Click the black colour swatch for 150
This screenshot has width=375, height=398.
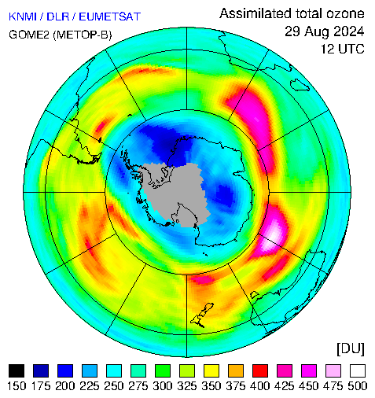coord(17,370)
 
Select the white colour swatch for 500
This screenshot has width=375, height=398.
coord(358,370)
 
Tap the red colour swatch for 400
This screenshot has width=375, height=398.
coord(260,370)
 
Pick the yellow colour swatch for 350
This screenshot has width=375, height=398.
coord(211,370)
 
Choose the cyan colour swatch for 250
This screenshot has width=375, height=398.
coord(114,370)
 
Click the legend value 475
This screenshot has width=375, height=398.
coord(333,386)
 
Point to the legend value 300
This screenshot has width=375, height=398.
coord(163,386)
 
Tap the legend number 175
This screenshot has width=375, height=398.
coord(41,386)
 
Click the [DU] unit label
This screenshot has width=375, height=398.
coord(351,348)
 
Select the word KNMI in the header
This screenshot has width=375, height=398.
coord(23,17)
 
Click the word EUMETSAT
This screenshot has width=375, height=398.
coord(110,17)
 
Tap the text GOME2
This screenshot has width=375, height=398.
coord(29,35)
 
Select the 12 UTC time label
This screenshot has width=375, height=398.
coord(343,49)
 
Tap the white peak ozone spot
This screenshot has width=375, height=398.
coord(273,235)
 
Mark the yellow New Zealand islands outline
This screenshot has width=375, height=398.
coord(202,315)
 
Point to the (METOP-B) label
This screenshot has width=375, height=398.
coord(83,35)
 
